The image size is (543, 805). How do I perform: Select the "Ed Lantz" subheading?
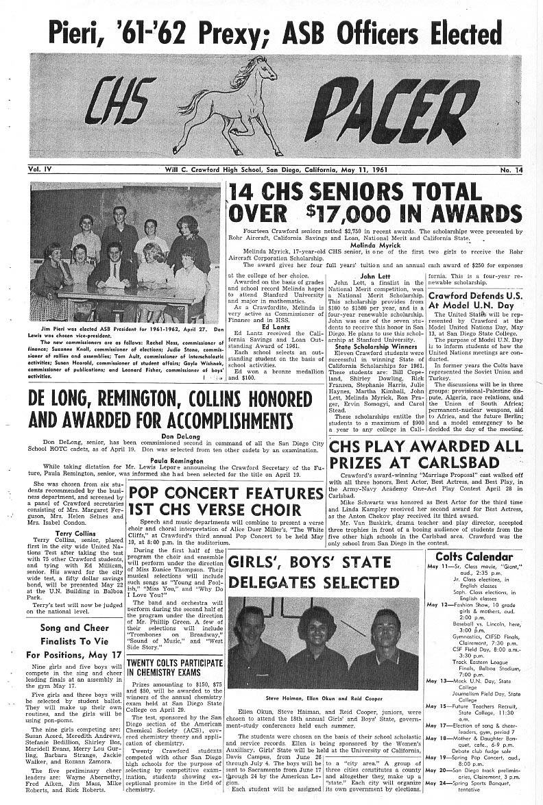pos(276,327)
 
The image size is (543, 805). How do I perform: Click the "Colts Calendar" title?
pos(474,556)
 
